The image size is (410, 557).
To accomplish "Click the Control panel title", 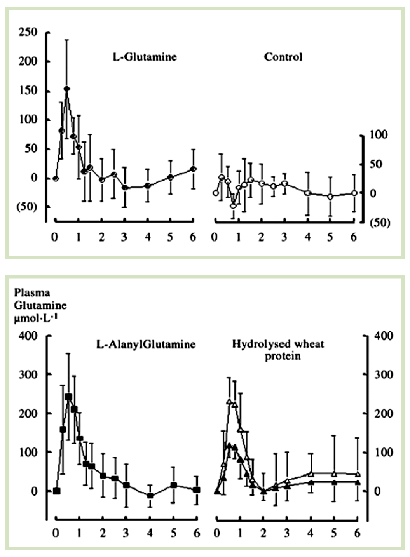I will point(283,57).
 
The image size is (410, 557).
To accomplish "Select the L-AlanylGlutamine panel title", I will point(146,344).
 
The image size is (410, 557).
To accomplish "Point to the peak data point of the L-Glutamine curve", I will point(67,89).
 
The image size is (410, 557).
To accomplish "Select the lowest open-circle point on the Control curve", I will point(233,206).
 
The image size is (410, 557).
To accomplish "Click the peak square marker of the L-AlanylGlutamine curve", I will point(68,397).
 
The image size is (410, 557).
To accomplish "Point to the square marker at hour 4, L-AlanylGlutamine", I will point(150,495).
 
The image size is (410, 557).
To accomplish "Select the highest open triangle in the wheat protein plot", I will point(229,402).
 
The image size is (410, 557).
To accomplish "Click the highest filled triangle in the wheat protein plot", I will point(229,445).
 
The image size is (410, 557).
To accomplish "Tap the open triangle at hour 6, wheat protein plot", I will point(358,474).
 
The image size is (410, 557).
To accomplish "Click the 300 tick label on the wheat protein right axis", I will point(383,374).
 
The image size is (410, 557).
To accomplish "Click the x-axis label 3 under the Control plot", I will point(284,237).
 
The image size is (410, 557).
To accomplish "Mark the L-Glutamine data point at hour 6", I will point(194,169).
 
